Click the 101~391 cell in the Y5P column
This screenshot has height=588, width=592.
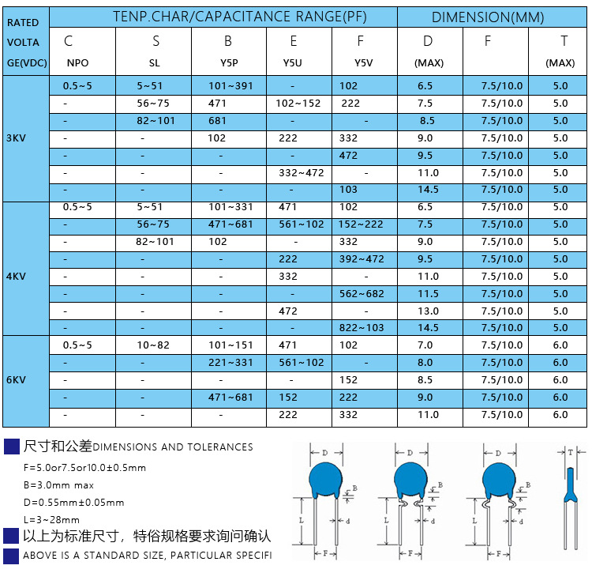click(230, 86)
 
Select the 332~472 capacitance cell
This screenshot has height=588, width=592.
click(302, 173)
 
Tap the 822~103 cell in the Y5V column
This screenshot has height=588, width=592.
click(362, 327)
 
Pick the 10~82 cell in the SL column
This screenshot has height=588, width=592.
click(153, 345)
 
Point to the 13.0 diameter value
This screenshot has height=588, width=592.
click(428, 311)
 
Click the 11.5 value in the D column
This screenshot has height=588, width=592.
click(428, 293)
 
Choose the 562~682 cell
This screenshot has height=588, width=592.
click(362, 293)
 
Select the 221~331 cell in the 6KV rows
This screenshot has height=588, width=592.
click(230, 362)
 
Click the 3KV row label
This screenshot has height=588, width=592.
click(16, 138)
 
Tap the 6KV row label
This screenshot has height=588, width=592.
click(16, 379)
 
